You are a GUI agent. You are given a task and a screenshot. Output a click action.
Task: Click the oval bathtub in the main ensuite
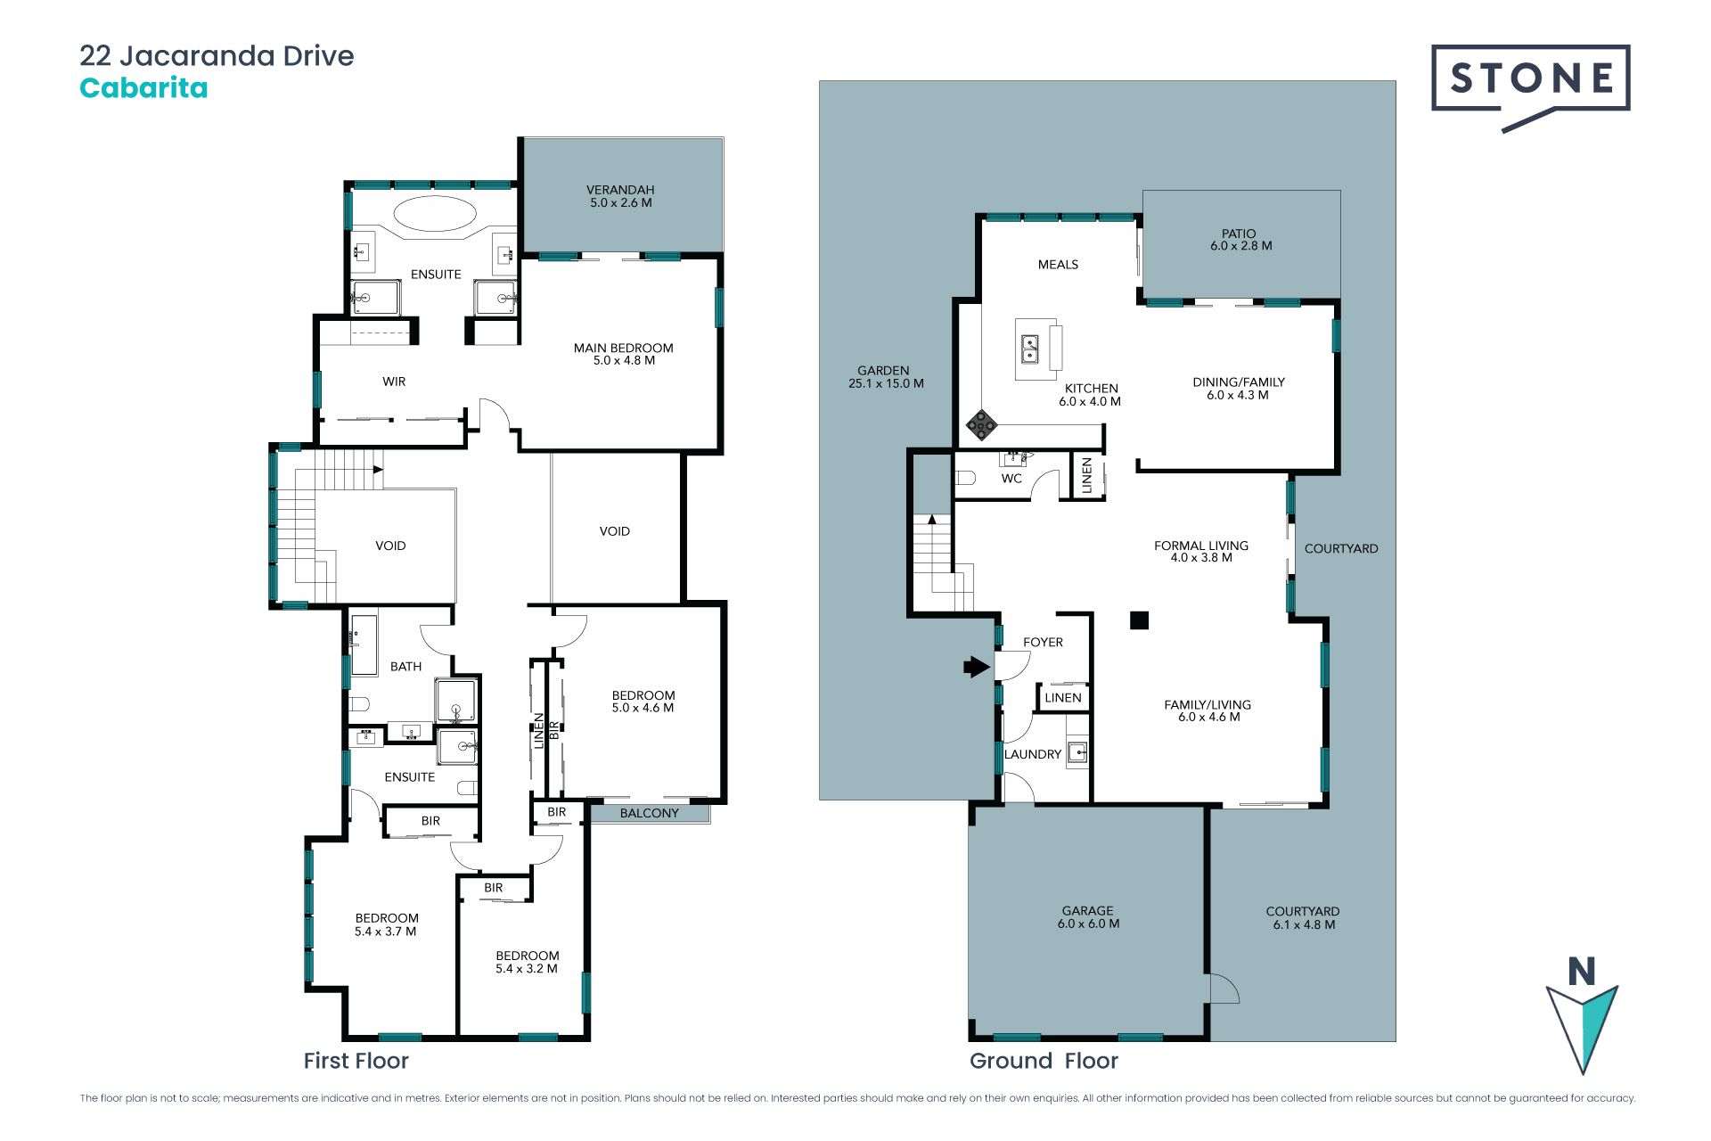pos(435,214)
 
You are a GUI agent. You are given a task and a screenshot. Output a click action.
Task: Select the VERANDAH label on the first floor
pos(620,190)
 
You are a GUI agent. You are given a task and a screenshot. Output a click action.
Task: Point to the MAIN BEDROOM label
pos(623,348)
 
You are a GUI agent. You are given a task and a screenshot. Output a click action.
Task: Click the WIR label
pos(394,382)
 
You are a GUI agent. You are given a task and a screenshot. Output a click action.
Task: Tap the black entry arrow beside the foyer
pos(977,666)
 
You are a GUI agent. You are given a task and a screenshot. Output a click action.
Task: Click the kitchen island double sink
pos(1029,349)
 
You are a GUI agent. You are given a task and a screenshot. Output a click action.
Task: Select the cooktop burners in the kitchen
pos(981,425)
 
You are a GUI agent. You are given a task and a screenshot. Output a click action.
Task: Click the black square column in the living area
pos(1139,620)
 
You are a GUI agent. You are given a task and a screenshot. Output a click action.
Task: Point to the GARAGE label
pos(1087,911)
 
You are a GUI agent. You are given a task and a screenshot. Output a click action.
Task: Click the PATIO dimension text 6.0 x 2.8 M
pos(1240,246)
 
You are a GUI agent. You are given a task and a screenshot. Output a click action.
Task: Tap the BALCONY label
pos(649,813)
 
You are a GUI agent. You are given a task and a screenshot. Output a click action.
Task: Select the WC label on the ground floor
pos(1011,479)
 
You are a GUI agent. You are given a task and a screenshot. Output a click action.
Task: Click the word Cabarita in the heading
pos(143,87)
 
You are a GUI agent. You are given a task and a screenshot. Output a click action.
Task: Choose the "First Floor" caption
pos(356,1061)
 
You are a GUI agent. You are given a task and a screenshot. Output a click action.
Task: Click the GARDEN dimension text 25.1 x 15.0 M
pos(886,383)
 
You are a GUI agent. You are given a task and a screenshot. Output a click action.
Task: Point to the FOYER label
pos(1043,642)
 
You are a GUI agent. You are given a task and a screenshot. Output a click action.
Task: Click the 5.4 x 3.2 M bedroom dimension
pos(527,969)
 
